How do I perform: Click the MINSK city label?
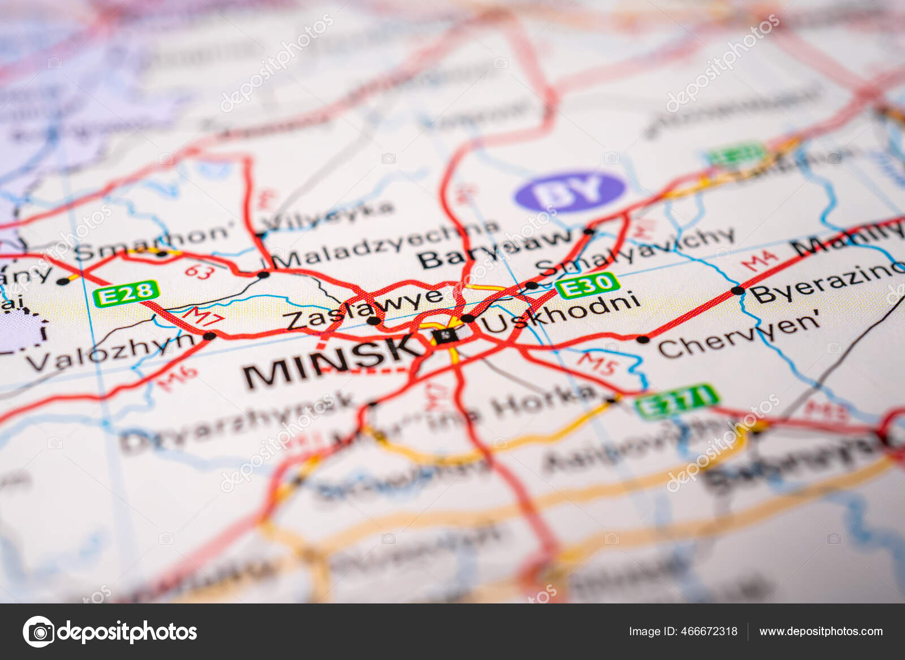tap(331, 361)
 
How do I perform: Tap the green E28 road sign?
tap(126, 294)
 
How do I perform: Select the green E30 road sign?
tap(587, 284)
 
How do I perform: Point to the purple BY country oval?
tap(570, 191)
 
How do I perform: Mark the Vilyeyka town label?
tap(328, 215)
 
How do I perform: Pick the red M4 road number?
tap(759, 261)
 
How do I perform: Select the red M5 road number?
tap(597, 363)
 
